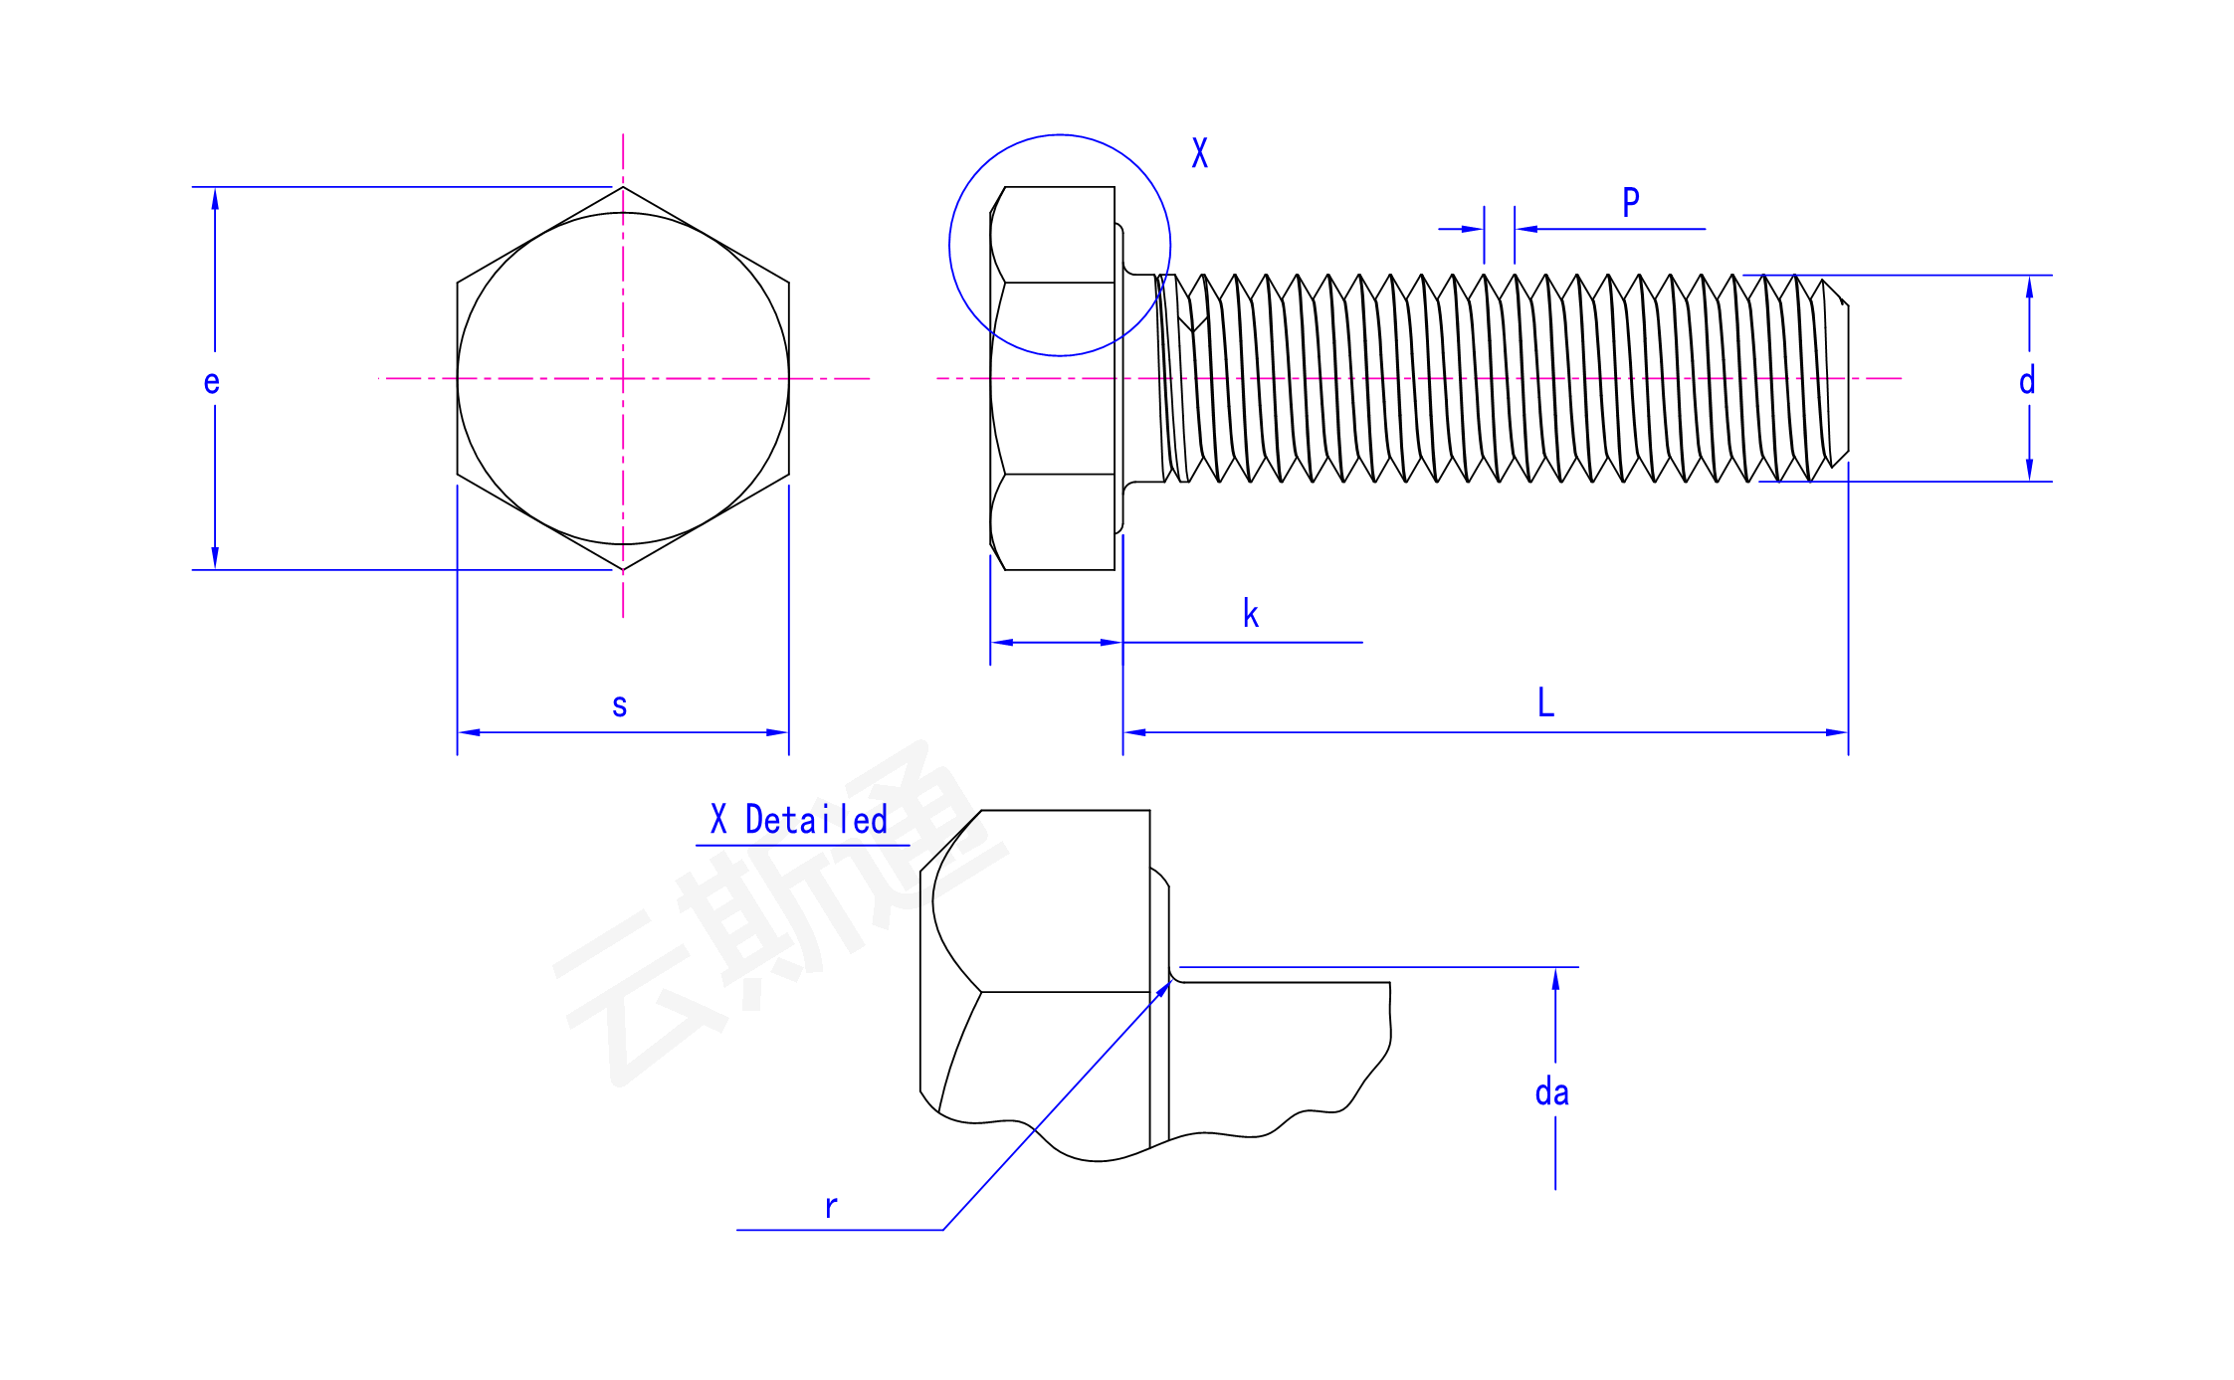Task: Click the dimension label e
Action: (x=211, y=382)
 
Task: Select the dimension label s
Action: (x=619, y=705)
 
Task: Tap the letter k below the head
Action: (x=1251, y=613)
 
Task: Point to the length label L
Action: (x=1545, y=701)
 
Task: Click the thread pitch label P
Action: (x=1631, y=202)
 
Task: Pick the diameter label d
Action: (x=2027, y=380)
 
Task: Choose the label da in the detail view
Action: (x=1551, y=1091)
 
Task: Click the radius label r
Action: (x=831, y=1206)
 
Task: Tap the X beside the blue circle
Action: (x=1200, y=152)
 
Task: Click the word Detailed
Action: (x=816, y=820)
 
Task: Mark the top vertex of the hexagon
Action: (x=623, y=187)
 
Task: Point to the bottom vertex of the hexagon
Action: (x=623, y=570)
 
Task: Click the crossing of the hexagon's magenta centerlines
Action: (x=623, y=378)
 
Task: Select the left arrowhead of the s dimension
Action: (x=469, y=732)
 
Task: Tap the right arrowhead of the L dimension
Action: (x=1837, y=732)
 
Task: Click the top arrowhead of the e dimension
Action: (x=215, y=199)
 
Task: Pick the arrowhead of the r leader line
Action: (x=1164, y=988)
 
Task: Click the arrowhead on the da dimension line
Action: (x=1555, y=979)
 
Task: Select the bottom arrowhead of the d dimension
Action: (x=2030, y=470)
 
